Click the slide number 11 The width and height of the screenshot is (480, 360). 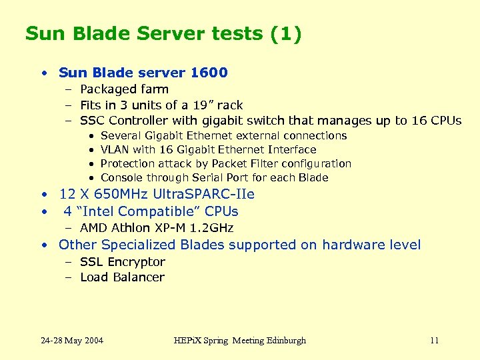(x=434, y=341)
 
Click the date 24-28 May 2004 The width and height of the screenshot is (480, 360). (x=72, y=341)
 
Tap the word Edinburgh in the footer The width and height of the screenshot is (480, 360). (x=283, y=341)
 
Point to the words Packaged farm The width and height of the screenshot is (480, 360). (x=124, y=89)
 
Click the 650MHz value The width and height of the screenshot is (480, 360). (x=121, y=195)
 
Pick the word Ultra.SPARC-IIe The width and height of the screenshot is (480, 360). (x=205, y=195)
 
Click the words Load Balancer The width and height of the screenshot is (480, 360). (x=122, y=277)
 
